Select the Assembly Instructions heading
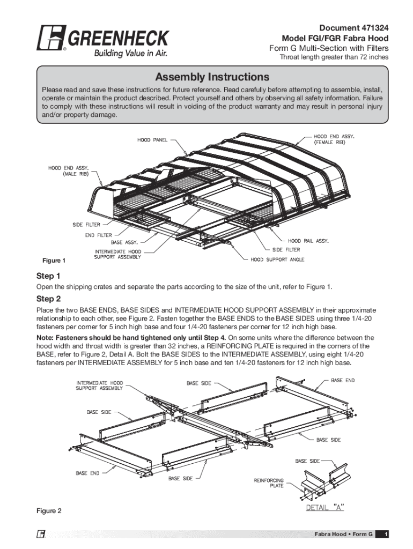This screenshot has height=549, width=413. click(x=212, y=77)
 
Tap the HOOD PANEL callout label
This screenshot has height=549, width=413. click(x=152, y=140)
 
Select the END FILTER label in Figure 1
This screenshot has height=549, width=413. click(x=98, y=235)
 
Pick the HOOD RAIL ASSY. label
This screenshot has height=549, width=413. click(x=308, y=241)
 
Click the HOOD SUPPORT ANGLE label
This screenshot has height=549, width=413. click(x=277, y=259)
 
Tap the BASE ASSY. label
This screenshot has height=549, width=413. click(x=124, y=242)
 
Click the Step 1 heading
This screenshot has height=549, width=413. click(x=48, y=276)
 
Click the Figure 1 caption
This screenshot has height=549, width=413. click(x=54, y=261)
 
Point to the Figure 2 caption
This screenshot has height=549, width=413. click(x=49, y=511)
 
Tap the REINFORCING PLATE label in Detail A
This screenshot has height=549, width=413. click(x=269, y=483)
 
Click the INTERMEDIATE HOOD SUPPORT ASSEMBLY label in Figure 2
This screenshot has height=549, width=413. click(x=99, y=385)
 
